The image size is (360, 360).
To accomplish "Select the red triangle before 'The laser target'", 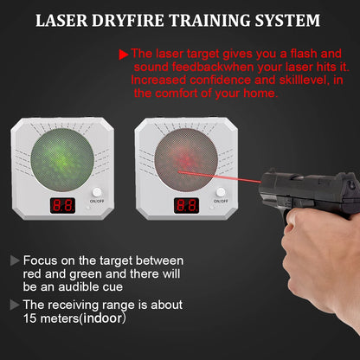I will [x=124, y=54].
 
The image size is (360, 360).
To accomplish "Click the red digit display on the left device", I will [x=61, y=206].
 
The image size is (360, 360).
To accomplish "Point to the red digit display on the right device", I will [x=186, y=206].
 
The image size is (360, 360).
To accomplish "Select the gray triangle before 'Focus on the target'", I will [x=14, y=260].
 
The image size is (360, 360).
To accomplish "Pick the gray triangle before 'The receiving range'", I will [x=14, y=304].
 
